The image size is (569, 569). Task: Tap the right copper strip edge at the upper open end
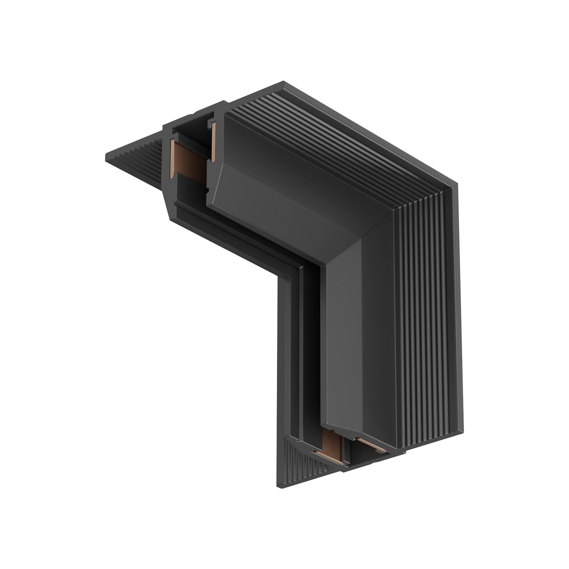tap(213, 142)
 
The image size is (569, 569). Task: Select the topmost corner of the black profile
tap(283, 82)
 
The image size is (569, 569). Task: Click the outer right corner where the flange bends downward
tap(457, 184)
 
